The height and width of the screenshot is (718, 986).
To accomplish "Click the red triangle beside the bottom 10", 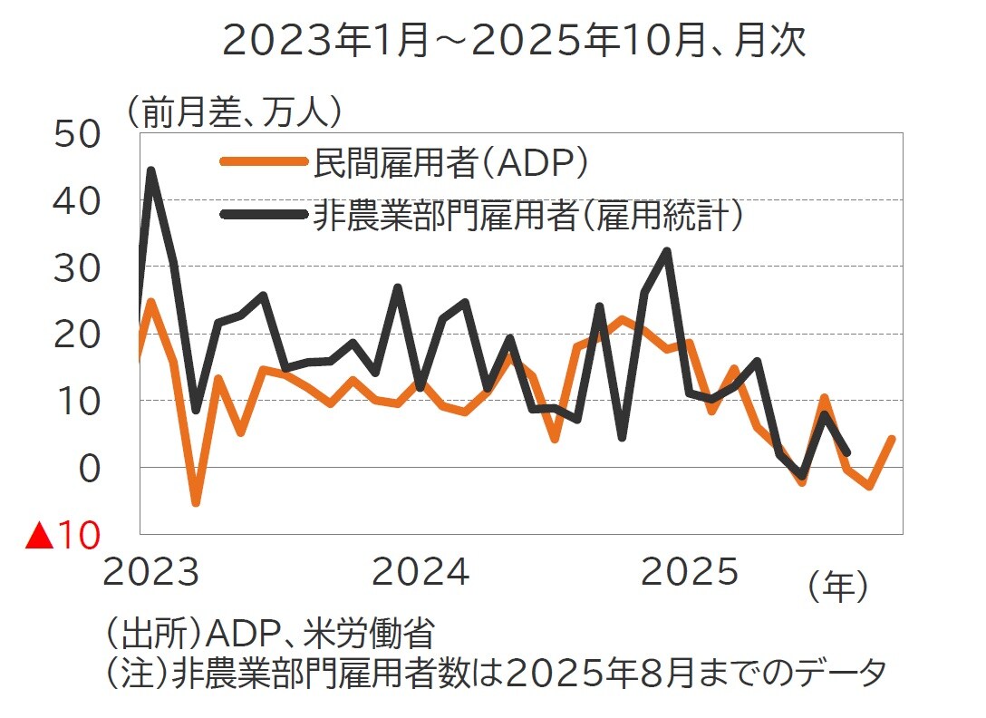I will [x=38, y=537].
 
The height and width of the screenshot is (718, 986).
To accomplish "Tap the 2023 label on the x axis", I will [x=150, y=573].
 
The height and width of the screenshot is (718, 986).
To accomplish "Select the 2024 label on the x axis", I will [x=420, y=573].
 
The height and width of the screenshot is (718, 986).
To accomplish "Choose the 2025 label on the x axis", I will [x=691, y=573].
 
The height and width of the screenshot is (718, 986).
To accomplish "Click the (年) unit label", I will [x=837, y=587].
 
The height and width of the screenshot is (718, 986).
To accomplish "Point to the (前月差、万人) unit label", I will [x=234, y=112].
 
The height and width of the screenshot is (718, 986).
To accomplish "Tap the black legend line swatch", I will [x=263, y=216].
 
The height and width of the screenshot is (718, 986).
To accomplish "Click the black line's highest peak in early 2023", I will [x=150, y=170].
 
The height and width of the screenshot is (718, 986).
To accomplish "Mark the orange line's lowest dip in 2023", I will [x=195, y=501].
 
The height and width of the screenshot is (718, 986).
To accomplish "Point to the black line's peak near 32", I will [x=666, y=251].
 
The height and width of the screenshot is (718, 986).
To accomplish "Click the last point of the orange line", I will [x=892, y=439].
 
